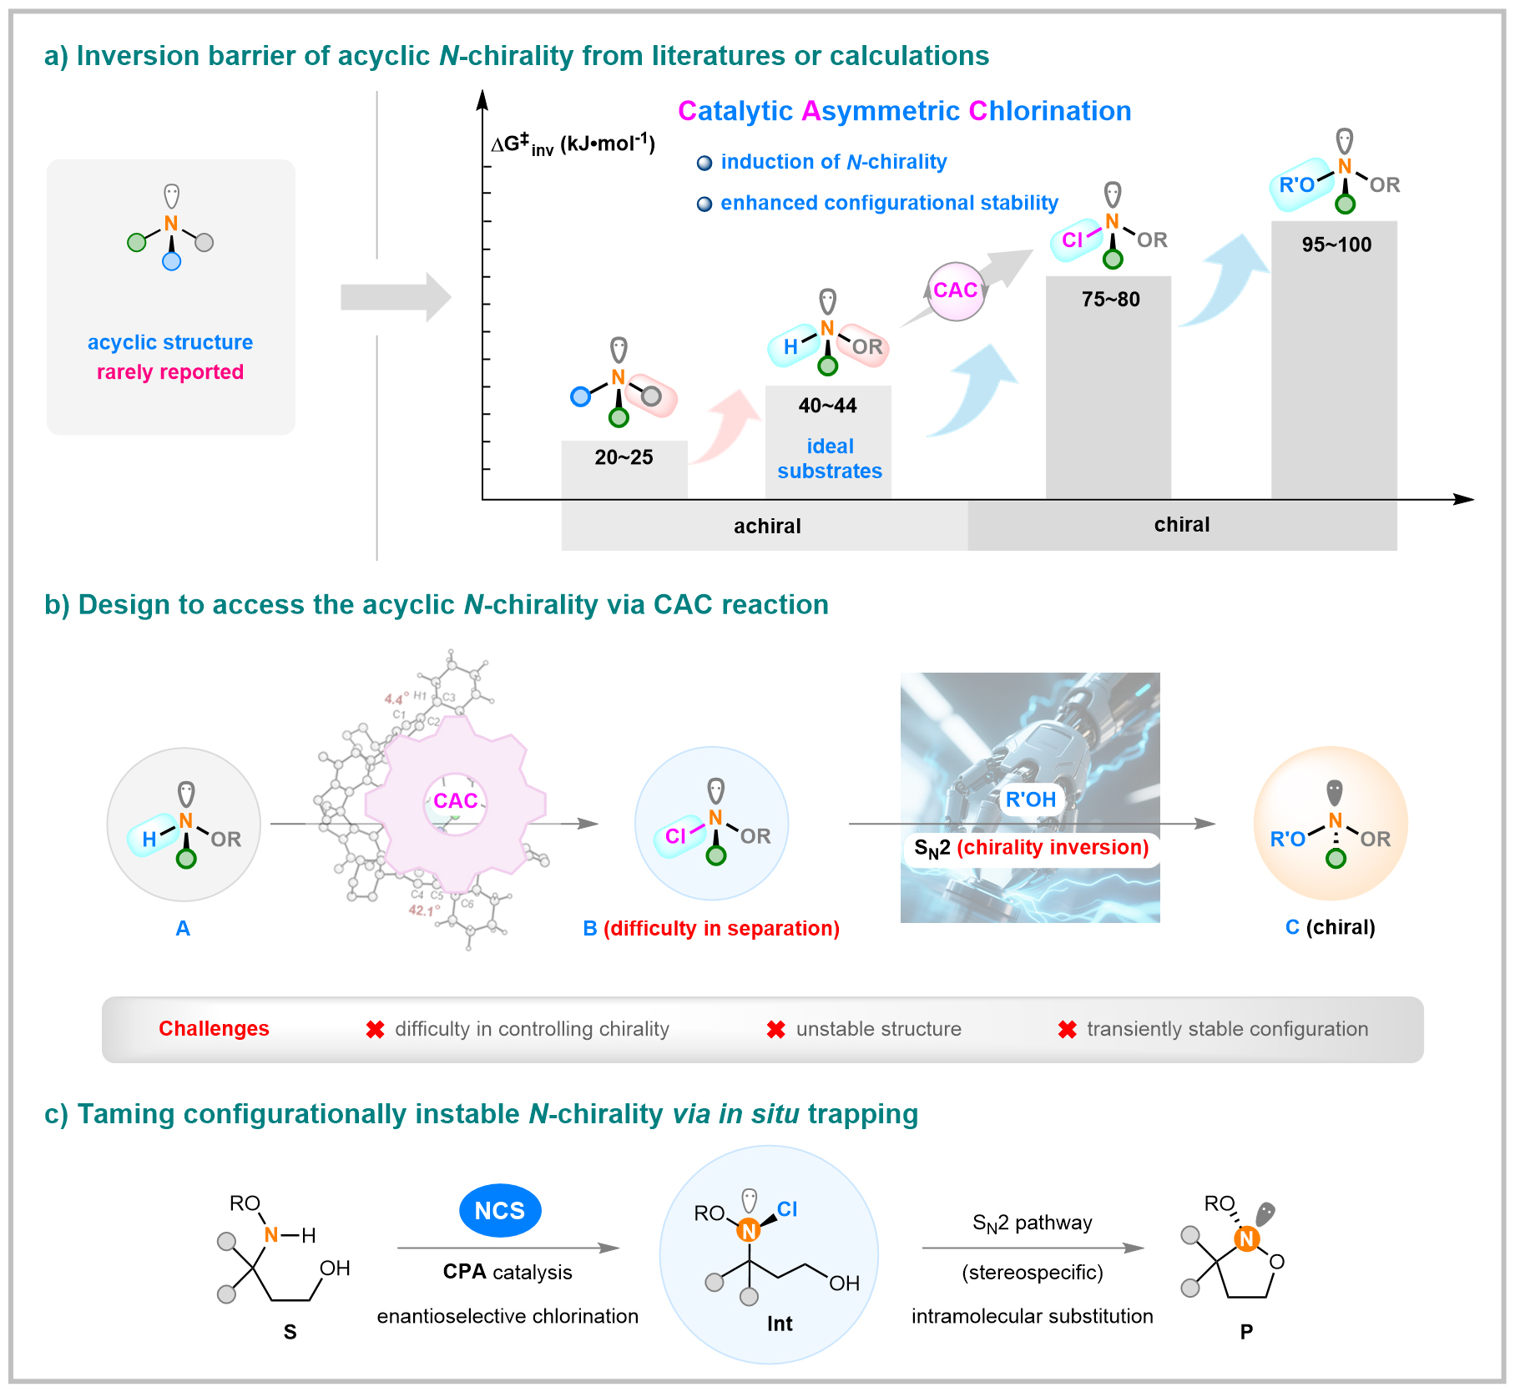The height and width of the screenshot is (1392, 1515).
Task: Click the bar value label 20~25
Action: (624, 457)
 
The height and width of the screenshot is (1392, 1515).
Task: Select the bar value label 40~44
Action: (827, 406)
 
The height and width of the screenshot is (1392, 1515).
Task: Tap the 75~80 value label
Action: (1110, 299)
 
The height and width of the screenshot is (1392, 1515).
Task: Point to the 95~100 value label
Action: (1336, 245)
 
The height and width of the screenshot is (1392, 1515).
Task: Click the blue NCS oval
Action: (500, 1210)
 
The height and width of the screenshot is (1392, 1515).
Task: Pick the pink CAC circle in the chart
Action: (956, 290)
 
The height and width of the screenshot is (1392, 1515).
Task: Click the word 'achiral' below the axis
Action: (767, 526)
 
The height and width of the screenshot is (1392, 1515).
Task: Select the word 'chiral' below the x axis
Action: (1181, 524)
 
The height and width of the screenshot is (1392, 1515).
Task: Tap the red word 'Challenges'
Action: (214, 1028)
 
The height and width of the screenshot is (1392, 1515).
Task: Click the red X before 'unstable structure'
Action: (775, 1030)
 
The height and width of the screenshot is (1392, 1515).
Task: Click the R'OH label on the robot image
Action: (1030, 799)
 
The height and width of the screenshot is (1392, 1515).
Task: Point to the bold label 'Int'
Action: (780, 1324)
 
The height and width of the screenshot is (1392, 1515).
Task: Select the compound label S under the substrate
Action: (290, 1331)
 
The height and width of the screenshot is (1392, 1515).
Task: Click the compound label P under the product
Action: (1245, 1331)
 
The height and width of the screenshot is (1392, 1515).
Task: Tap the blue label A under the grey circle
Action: (183, 928)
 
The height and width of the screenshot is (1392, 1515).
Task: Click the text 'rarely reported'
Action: (170, 371)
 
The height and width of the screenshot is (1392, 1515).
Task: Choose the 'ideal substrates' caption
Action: (829, 458)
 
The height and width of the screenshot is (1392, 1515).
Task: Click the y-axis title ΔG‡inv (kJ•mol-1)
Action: (573, 144)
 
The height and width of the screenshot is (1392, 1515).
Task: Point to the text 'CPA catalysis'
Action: (507, 1272)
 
